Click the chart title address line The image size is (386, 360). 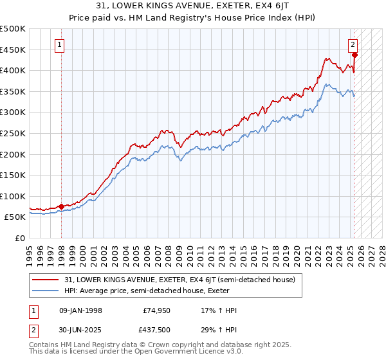coord(192,6)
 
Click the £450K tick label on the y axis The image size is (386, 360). coord(13,50)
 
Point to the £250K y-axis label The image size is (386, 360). coord(13,133)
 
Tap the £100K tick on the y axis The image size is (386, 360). coord(13,196)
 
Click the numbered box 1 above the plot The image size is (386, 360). coord(60,45)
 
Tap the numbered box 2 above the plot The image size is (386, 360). coord(353,45)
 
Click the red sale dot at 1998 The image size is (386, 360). coord(61,206)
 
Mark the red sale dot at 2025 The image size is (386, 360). coord(354,55)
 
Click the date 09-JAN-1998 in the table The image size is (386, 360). coord(80,310)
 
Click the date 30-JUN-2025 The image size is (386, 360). coord(80,331)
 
